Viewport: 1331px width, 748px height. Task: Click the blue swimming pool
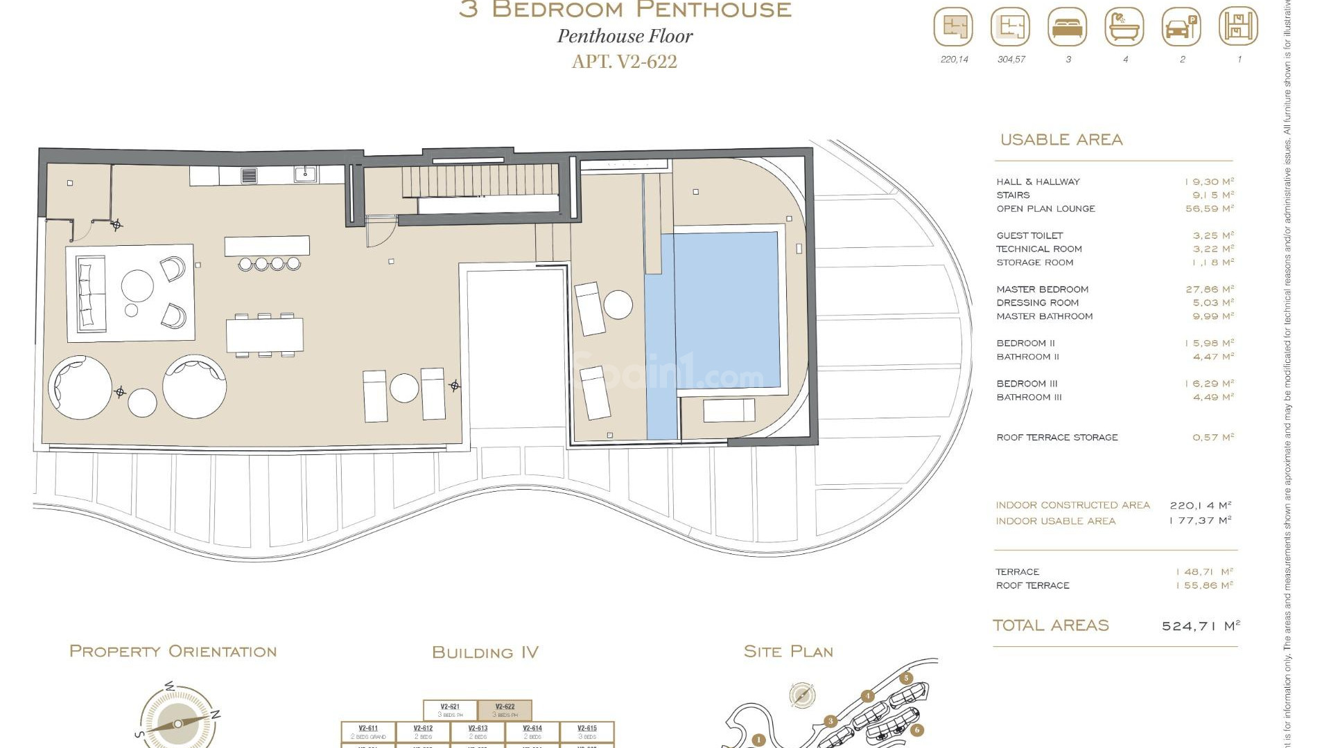721,312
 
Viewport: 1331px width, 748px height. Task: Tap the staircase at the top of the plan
480,180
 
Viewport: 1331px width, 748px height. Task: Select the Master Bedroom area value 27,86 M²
1209,290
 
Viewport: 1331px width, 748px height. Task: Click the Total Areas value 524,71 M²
1200,626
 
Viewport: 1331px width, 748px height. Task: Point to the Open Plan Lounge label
1045,208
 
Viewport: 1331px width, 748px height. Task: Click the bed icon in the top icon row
1068,28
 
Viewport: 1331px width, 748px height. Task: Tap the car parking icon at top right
1181,28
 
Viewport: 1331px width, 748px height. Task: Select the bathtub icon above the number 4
1124,28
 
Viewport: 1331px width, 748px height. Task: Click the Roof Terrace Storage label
1056,438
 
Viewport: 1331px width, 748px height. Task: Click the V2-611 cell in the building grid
368,731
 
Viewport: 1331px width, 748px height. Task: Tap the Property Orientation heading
173,652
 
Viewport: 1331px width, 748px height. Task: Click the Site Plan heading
788,652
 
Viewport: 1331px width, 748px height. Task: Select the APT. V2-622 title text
624,62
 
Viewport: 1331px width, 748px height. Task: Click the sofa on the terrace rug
91,293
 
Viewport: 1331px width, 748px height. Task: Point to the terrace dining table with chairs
265,335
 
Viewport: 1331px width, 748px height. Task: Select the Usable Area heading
1061,140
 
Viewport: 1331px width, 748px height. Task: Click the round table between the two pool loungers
618,304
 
